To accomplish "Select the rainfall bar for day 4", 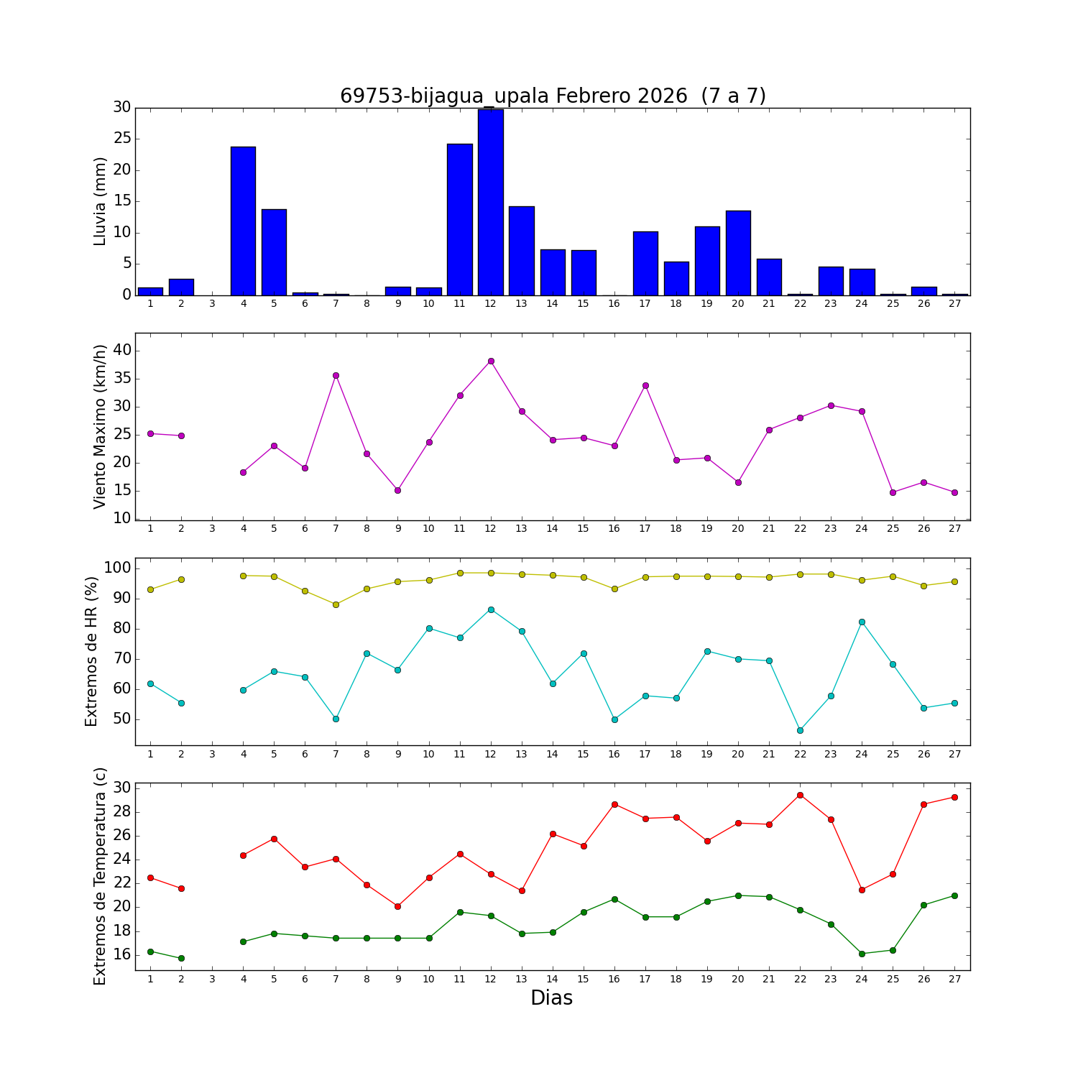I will pos(243,221).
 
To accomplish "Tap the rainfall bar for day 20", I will pos(738,253).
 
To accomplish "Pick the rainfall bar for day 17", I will pos(645,263).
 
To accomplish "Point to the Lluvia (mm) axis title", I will pos(100,201).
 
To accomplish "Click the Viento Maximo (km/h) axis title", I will pos(100,426).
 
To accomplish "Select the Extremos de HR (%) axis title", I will pos(91,651).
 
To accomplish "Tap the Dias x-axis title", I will pos(551,998).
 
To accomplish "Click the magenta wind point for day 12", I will pos(491,361).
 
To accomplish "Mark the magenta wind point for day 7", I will pos(336,375).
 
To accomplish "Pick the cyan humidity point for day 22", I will pos(800,730).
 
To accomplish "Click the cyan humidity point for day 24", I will pos(862,622).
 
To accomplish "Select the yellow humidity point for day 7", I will pos(336,604).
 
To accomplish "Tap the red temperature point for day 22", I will pos(800,795).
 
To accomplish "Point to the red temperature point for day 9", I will pos(397,906).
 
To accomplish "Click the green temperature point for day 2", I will pos(181,958).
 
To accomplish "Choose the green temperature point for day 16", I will pos(614,899).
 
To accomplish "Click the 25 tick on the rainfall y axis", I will pos(121,139).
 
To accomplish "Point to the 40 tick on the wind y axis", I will pos(121,351).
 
